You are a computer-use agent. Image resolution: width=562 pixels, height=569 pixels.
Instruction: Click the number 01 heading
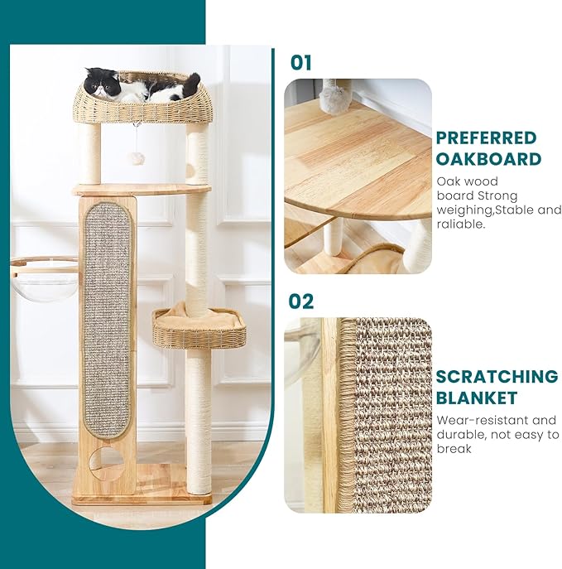coord(301,62)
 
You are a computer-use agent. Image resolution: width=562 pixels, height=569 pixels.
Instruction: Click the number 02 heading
coord(301,301)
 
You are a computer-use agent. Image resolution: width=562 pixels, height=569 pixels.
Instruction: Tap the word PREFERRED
coord(486,138)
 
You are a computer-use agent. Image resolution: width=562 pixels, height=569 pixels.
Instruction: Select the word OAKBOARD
coord(488,159)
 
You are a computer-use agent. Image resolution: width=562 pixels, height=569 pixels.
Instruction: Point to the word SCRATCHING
coord(497,377)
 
